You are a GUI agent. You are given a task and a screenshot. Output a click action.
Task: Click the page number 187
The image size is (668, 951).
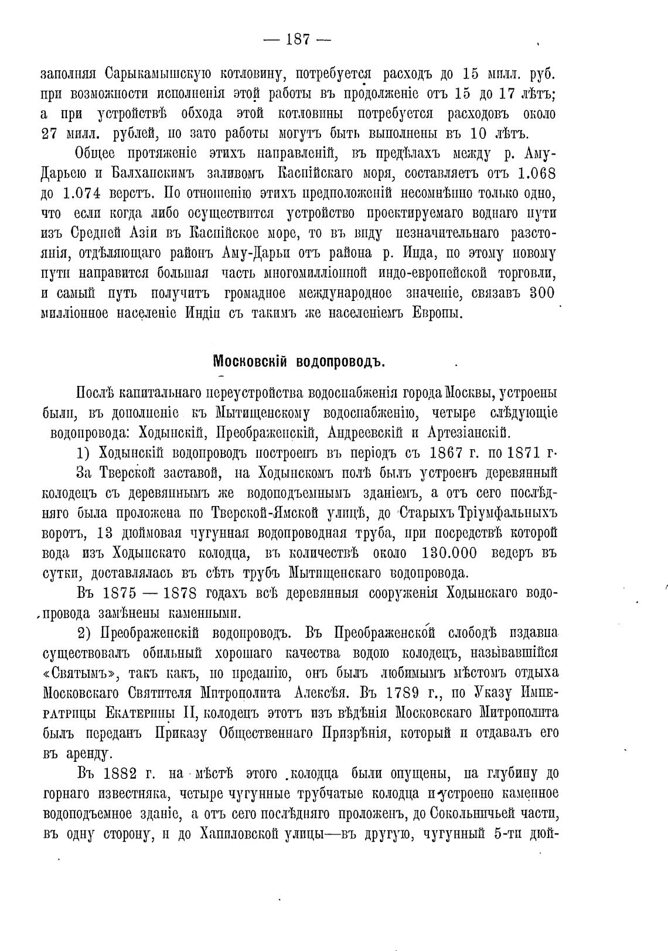[298, 40]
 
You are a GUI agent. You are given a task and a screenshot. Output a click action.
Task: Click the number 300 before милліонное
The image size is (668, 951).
[542, 293]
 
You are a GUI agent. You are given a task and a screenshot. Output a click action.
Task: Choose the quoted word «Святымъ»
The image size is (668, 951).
[78, 673]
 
